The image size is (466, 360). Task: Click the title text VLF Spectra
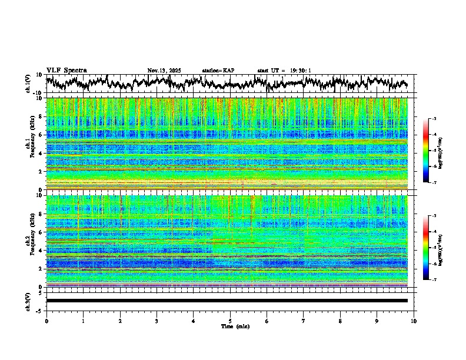click(66, 70)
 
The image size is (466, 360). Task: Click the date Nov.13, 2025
click(164, 71)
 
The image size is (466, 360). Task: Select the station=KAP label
click(218, 71)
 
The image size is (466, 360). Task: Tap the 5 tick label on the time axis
click(230, 321)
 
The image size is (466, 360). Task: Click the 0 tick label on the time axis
click(46, 321)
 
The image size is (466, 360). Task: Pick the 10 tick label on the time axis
click(414, 321)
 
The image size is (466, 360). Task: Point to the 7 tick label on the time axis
click(304, 321)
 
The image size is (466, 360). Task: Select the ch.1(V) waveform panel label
click(29, 84)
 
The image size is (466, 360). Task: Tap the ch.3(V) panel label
click(29, 301)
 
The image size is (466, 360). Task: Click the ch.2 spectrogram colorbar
click(426, 248)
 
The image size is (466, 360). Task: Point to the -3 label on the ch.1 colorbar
click(434, 119)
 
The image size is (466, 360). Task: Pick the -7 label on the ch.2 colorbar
click(434, 280)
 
